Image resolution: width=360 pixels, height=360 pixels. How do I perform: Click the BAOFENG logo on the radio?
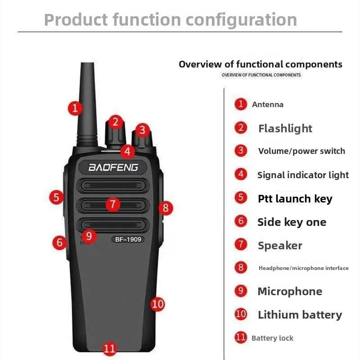pyautogui.click(x=113, y=167)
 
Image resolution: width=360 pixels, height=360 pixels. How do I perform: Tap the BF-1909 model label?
pyautogui.click(x=128, y=239)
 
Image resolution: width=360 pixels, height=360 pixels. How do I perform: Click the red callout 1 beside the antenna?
pyautogui.click(x=75, y=108)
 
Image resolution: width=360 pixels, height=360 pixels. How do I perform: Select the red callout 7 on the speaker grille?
pyautogui.click(x=113, y=204)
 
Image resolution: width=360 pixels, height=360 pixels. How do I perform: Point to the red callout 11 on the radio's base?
pyautogui.click(x=109, y=348)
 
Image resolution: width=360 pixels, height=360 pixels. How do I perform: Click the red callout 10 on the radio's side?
pyautogui.click(x=157, y=304)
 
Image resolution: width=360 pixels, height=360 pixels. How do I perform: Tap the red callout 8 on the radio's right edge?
pyautogui.click(x=166, y=208)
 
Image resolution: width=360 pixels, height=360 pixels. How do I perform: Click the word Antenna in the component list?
pyautogui.click(x=268, y=104)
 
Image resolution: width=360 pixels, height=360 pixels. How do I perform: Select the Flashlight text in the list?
pyautogui.click(x=285, y=128)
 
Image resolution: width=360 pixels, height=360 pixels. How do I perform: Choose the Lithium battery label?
pyautogui.click(x=300, y=315)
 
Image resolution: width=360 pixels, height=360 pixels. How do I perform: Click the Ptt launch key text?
pyautogui.click(x=295, y=198)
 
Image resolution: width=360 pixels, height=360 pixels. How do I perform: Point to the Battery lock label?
pyautogui.click(x=272, y=338)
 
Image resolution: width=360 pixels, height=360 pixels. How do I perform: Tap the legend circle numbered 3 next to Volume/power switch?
pyautogui.click(x=241, y=150)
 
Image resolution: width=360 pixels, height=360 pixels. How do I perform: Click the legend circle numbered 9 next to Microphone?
pyautogui.click(x=241, y=291)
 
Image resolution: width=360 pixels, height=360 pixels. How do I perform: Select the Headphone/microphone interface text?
pyautogui.click(x=303, y=268)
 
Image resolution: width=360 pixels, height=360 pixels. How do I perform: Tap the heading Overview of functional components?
pyautogui.click(x=261, y=64)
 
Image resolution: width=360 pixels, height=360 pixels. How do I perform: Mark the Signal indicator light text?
pyautogui.click(x=303, y=175)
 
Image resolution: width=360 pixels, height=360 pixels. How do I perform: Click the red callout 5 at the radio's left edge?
pyautogui.click(x=56, y=197)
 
